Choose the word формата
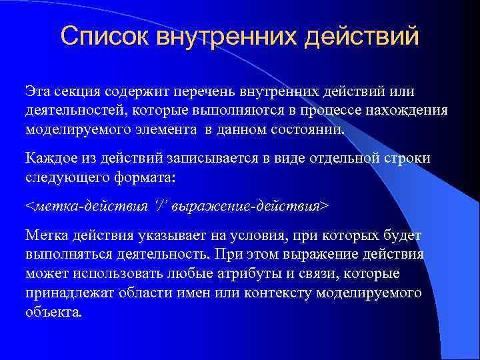153,178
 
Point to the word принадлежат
69,293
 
